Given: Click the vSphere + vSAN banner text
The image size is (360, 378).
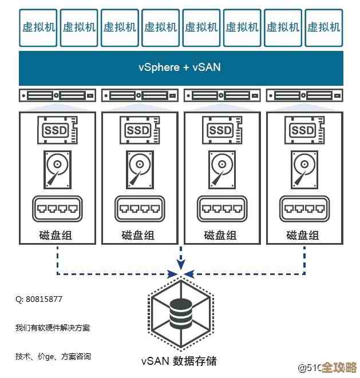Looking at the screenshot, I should pyautogui.click(x=179, y=67).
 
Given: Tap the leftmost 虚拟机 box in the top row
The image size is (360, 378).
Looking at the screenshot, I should pyautogui.click(x=38, y=27).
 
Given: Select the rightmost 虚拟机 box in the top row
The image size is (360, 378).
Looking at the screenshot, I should pyautogui.click(x=323, y=27).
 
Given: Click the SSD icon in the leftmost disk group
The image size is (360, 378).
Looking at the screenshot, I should pyautogui.click(x=57, y=130).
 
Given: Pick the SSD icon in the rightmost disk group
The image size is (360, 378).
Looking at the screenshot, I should pyautogui.click(x=303, y=130).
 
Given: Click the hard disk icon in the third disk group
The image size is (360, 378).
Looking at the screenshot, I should pyautogui.click(x=221, y=169).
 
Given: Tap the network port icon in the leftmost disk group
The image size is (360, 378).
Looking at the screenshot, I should pyautogui.click(x=57, y=209).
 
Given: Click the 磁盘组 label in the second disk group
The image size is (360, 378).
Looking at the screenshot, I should pyautogui.click(x=139, y=235).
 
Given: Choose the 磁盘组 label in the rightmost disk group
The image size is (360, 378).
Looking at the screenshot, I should pyautogui.click(x=303, y=235).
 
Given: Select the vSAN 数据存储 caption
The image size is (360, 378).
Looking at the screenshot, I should pyautogui.click(x=179, y=361).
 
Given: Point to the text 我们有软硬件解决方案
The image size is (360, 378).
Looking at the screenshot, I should pyautogui.click(x=52, y=328).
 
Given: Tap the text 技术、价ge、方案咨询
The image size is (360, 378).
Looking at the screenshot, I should pyautogui.click(x=53, y=357).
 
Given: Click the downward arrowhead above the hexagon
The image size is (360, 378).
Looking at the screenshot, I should pyautogui.click(x=180, y=264).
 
